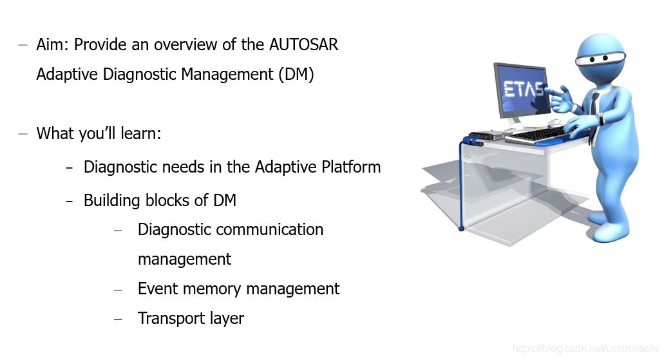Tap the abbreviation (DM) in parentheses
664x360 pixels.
(296, 75)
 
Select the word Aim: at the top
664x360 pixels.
(53, 45)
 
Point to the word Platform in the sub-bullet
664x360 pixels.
(351, 167)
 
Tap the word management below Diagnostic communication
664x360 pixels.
(184, 260)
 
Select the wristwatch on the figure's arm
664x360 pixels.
(600, 119)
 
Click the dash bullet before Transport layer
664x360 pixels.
(118, 319)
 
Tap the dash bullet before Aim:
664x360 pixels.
(23, 45)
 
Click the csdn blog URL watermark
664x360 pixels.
(585, 348)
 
